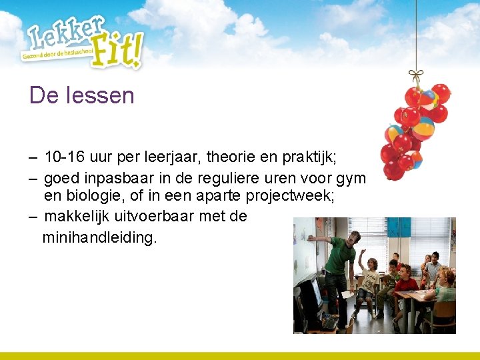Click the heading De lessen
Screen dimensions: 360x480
coord(81,95)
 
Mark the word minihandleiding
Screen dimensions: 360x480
coord(100,237)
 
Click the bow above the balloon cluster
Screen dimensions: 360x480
coord(416,75)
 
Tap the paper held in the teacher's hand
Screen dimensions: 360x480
coord(347,294)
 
